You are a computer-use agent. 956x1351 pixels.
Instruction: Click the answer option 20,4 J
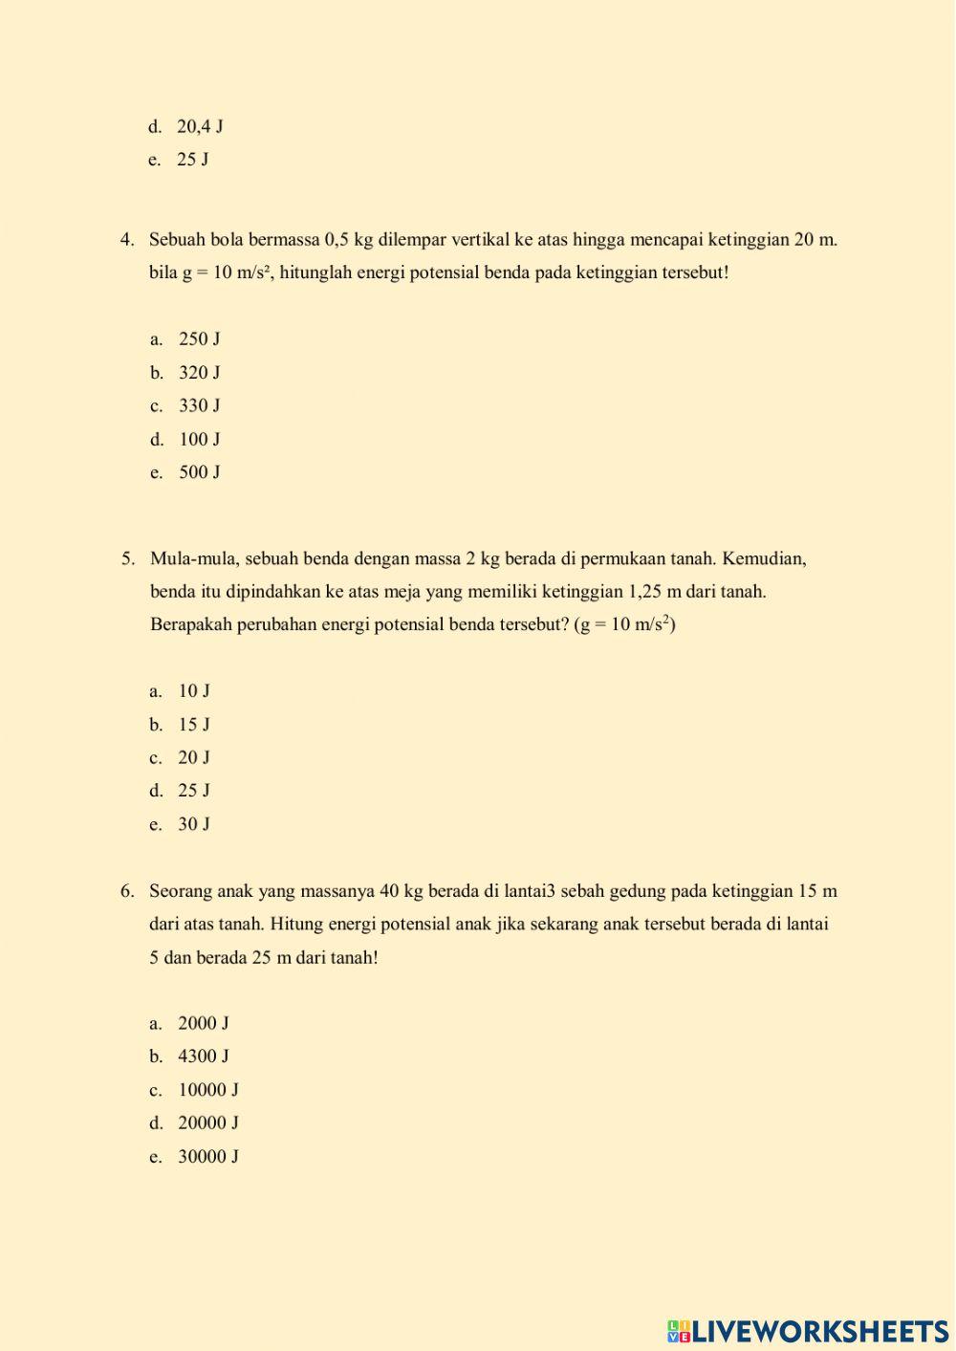click(199, 126)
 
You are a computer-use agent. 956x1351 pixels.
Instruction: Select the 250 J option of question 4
click(199, 338)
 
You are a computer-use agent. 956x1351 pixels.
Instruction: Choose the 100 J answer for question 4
click(199, 439)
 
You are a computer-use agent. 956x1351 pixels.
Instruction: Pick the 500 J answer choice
click(199, 472)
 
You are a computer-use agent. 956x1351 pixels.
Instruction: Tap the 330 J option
click(199, 405)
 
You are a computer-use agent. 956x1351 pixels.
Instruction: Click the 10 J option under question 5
click(193, 690)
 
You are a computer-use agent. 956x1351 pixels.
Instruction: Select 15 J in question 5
click(193, 724)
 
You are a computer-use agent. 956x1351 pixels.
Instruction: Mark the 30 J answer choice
click(193, 824)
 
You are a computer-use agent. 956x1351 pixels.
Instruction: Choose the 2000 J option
click(203, 1023)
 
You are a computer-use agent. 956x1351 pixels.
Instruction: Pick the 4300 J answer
click(203, 1057)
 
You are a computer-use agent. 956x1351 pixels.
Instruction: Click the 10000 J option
click(207, 1090)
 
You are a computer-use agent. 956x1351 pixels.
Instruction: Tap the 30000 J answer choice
click(207, 1157)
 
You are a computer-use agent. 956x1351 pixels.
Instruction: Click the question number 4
click(127, 239)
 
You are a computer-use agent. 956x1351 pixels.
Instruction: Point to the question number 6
click(127, 891)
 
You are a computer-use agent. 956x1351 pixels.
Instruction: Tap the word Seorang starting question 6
click(181, 891)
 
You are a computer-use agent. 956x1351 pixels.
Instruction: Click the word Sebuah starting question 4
click(177, 239)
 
